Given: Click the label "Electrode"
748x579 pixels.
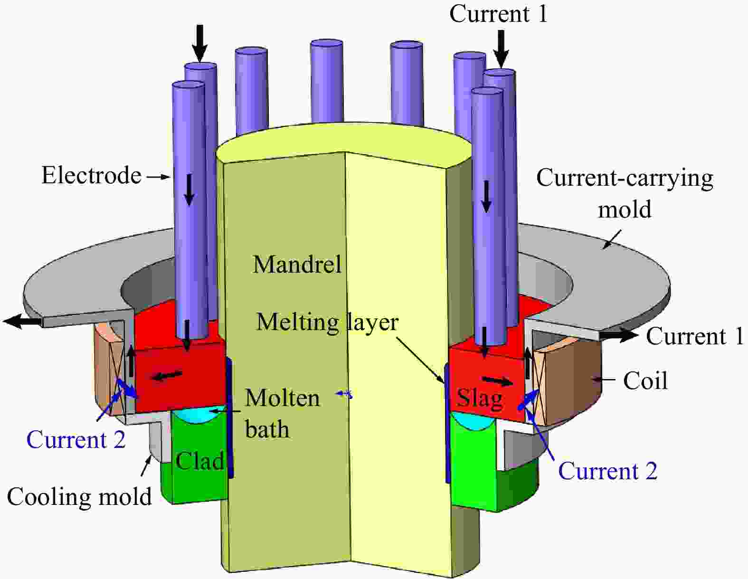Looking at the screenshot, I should (91, 175).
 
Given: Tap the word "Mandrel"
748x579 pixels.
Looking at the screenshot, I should (297, 264).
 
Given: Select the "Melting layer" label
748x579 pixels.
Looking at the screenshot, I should (327, 322).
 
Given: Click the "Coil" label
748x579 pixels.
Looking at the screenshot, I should (645, 381).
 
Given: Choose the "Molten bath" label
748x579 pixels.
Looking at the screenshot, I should (282, 413).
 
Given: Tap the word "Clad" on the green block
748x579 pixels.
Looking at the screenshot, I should (199, 461).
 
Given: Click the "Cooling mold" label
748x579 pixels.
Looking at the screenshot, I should (79, 497).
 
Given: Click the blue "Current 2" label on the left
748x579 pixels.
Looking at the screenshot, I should (76, 440).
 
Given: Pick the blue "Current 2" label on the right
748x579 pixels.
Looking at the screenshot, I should (607, 471).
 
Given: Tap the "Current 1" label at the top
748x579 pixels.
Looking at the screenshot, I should (498, 14).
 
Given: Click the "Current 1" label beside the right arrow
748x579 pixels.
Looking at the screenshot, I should (694, 336).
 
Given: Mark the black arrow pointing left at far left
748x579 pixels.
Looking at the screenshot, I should (22, 322).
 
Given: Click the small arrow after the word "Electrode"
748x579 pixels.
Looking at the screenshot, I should (158, 177).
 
